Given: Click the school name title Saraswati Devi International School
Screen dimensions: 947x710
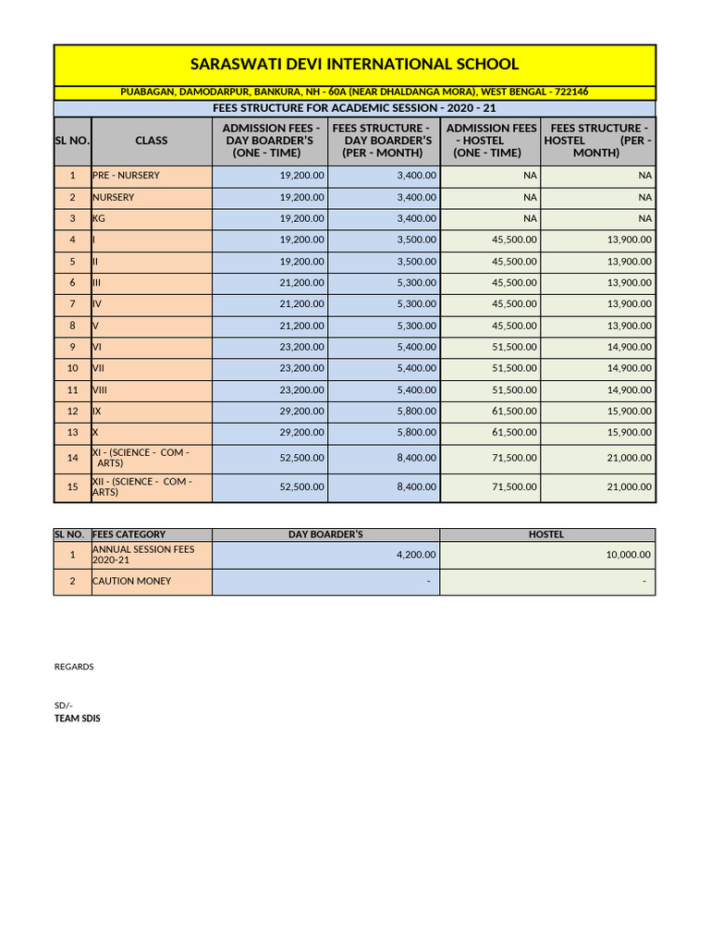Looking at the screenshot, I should [354, 65].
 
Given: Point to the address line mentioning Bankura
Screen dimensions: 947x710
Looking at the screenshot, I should [354, 92].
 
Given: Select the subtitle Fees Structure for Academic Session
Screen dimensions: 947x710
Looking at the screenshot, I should [354, 108].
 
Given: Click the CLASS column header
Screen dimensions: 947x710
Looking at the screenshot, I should [151, 141].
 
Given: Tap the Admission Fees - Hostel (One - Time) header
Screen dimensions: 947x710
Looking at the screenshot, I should [490, 141].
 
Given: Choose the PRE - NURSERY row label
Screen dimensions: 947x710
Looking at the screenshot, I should [126, 175].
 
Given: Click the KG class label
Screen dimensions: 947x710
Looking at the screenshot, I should [99, 218].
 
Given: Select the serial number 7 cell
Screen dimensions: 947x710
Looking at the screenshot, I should [72, 304].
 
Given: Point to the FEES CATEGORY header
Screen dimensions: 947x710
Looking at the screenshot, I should [129, 535].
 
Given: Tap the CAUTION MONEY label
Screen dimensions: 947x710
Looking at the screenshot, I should [131, 582].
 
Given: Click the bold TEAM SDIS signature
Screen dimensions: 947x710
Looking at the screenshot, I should [78, 718].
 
